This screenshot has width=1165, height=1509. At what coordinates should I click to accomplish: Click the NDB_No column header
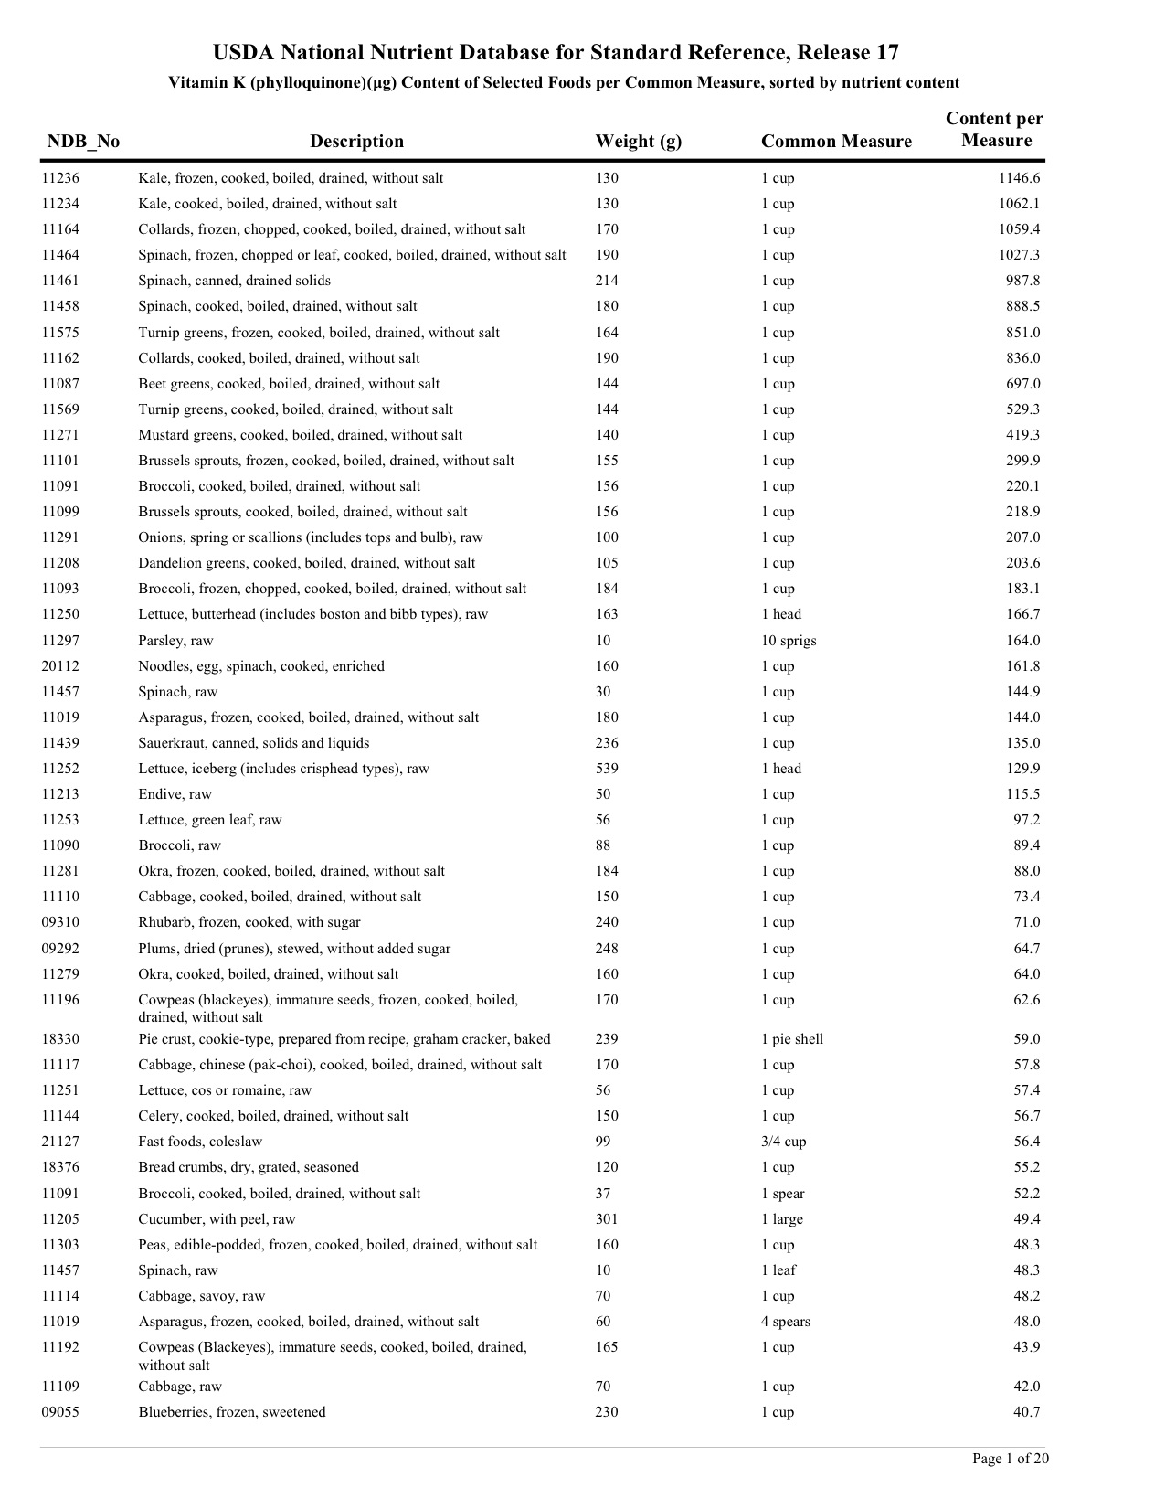83,142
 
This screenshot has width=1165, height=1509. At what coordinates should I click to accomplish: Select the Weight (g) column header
638,142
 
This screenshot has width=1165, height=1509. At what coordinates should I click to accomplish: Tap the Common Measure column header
836,142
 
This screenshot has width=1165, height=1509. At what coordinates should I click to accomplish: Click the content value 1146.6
1019,178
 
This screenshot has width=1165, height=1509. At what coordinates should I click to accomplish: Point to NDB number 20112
60,666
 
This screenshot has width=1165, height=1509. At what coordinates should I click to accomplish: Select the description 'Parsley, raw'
175,641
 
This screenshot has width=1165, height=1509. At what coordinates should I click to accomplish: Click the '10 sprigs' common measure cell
789,641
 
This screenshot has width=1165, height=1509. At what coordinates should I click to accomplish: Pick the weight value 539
607,769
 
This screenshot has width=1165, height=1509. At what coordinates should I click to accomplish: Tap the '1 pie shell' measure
792,1039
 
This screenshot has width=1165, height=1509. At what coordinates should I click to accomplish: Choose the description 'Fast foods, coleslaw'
200,1142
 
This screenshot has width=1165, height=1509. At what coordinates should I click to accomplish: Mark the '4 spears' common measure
786,1322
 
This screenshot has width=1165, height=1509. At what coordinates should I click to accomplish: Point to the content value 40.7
1026,1412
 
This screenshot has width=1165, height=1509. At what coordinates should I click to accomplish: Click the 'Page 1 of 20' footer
1010,1459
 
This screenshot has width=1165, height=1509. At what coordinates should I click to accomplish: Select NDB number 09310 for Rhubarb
60,922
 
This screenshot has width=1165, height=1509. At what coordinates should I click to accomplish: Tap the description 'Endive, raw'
175,794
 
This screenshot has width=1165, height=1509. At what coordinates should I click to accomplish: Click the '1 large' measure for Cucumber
782,1219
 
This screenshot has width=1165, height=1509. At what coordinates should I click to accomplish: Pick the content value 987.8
1022,281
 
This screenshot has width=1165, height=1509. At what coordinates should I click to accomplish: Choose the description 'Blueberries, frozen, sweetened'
232,1412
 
